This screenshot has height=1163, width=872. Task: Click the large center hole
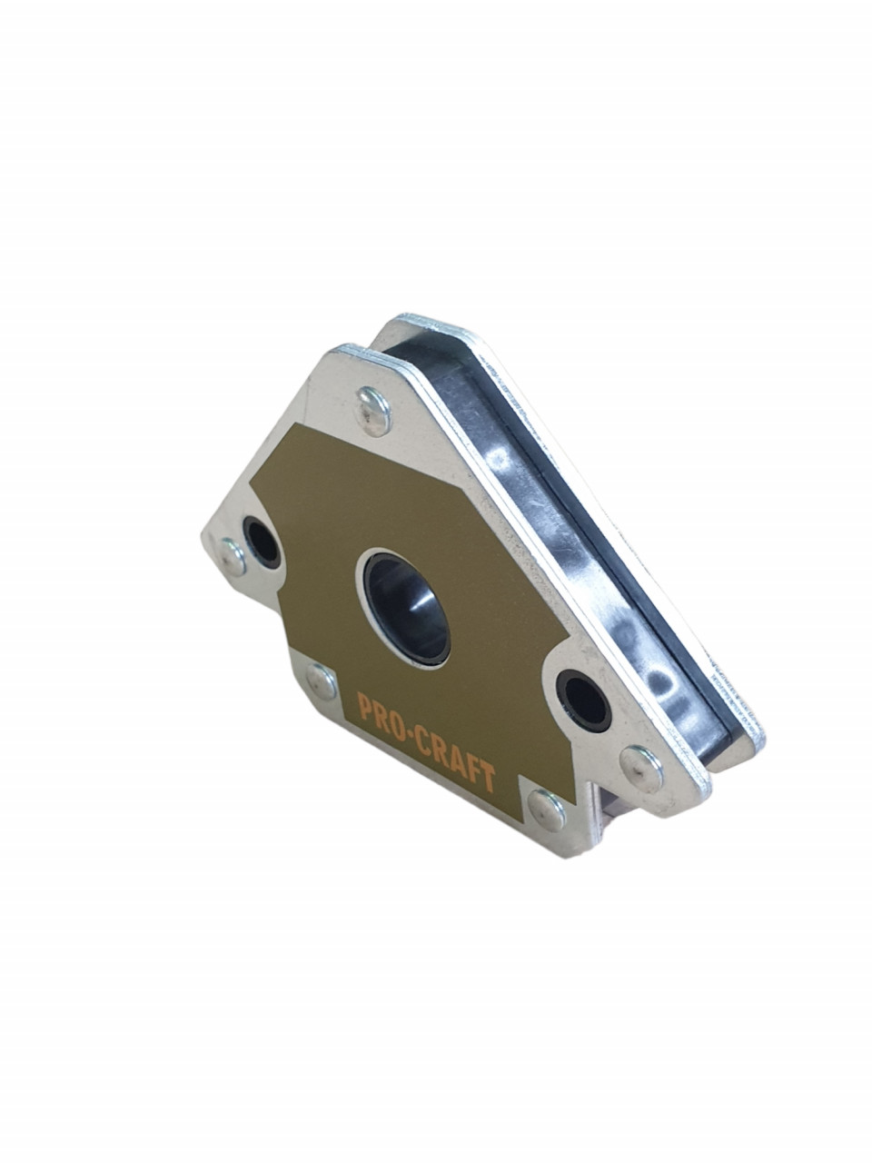[407, 607]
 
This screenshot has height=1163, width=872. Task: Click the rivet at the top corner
[372, 410]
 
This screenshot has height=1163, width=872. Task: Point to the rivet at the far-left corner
[233, 557]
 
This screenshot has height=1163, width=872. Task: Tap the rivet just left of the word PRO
[322, 681]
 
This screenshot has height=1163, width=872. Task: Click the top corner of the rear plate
[400, 322]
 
